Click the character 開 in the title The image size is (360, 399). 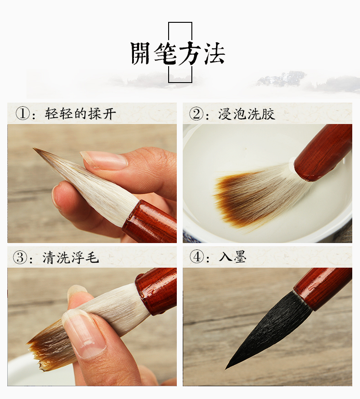[x=141, y=53]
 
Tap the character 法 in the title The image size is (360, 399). [x=214, y=53]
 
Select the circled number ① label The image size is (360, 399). [x=23, y=114]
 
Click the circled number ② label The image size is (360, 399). [x=196, y=114]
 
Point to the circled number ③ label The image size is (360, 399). [x=20, y=257]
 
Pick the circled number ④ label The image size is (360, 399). [x=197, y=257]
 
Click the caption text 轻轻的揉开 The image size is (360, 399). [x=80, y=114]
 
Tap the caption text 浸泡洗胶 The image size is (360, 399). [x=247, y=114]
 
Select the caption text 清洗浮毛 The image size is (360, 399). [x=71, y=257]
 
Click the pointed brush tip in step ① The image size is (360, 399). [x=34, y=149]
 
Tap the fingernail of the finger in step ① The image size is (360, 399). [x=104, y=160]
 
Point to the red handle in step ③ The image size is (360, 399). [x=156, y=290]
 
